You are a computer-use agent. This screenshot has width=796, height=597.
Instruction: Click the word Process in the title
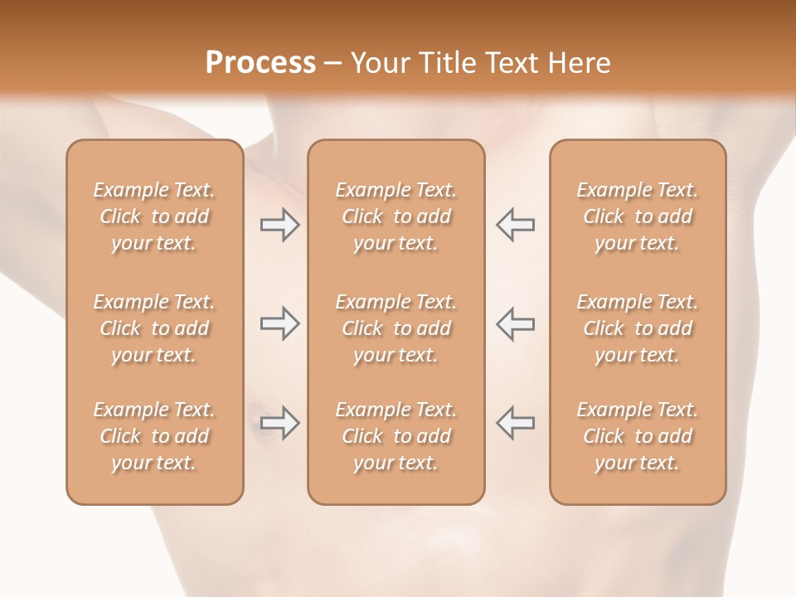260,63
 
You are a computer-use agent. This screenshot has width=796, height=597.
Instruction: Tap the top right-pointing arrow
279,225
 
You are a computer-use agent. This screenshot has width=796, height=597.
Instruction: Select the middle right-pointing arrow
279,323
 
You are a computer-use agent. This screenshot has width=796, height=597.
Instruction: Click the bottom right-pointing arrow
279,423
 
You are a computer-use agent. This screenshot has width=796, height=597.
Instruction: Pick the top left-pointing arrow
515,225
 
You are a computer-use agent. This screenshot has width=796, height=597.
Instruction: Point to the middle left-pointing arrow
515,323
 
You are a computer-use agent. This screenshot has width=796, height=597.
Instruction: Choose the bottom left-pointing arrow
515,423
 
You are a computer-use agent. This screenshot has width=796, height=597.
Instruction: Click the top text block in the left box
154,216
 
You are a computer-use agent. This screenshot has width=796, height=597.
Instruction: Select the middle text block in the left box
154,328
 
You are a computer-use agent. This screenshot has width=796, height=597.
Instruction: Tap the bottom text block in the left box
154,436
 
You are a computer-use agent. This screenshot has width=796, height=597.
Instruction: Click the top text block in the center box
396,216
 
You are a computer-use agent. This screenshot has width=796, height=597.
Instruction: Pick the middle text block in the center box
396,328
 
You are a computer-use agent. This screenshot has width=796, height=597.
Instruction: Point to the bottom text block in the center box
396,436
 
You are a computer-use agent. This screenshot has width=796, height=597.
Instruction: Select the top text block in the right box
637,216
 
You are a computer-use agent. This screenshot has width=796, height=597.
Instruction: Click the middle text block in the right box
637,328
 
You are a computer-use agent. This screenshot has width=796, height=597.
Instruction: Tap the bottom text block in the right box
637,436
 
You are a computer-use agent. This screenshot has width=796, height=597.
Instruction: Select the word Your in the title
377,63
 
